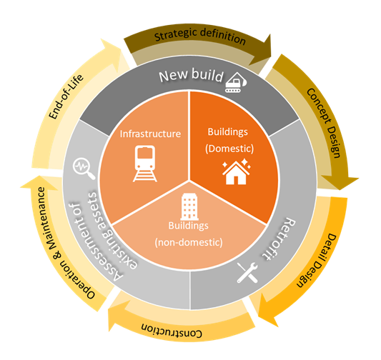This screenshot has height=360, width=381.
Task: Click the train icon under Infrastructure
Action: [145, 164]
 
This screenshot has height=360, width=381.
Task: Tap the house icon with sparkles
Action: [236, 171]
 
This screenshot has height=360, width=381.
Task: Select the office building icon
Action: [189, 206]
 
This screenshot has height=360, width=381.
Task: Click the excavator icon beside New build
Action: [236, 82]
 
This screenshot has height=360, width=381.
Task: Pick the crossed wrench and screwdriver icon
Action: [247, 272]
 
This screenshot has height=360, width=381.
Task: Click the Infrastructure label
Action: [150, 134]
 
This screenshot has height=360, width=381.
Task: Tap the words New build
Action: [191, 75]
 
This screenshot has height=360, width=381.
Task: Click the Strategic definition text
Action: [200, 36]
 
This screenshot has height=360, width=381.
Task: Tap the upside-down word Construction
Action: [172, 331]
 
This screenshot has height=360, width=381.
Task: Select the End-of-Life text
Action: [66, 96]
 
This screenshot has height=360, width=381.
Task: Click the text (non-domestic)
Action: [189, 242]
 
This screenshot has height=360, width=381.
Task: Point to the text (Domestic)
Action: [229, 149]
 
